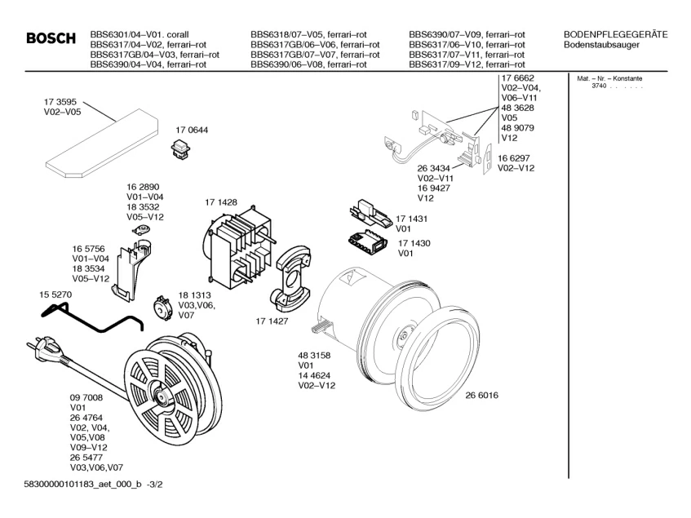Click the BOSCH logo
tap(51, 39)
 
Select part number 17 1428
tap(220, 201)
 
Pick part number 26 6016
tap(481, 396)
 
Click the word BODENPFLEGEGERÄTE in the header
tap(616, 34)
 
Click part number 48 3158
tap(314, 356)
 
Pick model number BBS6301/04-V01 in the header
tap(126, 34)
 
